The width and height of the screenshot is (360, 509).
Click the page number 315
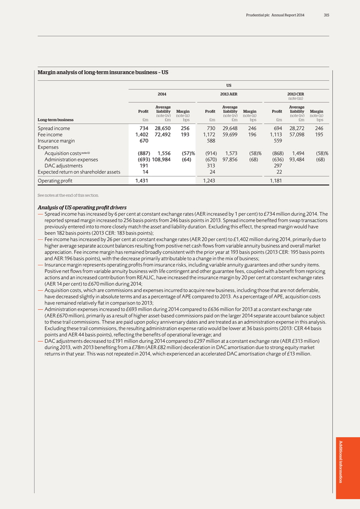tap(326, 15)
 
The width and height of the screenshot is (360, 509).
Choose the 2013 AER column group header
tap(228, 93)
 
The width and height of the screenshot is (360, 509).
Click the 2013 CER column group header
tap(295, 93)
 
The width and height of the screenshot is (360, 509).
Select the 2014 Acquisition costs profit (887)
tap(141, 153)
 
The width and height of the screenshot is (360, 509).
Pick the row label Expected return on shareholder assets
tap(79, 171)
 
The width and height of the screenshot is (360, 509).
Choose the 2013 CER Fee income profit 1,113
tap(276, 134)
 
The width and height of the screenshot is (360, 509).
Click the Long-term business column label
tap(55, 120)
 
